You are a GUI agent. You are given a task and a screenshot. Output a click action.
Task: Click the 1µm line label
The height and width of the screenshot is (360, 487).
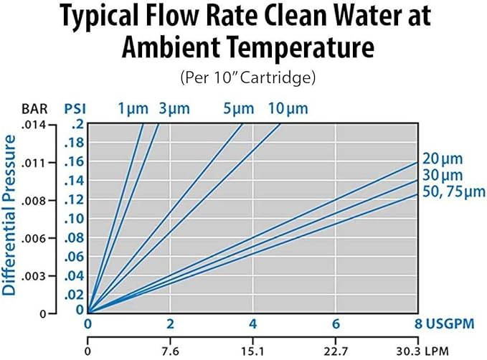(133, 109)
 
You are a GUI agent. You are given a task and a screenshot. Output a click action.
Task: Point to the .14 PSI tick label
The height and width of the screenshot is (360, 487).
(73, 181)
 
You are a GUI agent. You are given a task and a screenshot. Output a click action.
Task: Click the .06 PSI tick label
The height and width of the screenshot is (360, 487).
(73, 257)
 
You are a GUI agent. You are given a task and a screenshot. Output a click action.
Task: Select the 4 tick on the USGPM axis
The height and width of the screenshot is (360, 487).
(252, 323)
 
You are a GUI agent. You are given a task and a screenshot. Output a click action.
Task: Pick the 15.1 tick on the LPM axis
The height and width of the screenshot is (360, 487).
(252, 352)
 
